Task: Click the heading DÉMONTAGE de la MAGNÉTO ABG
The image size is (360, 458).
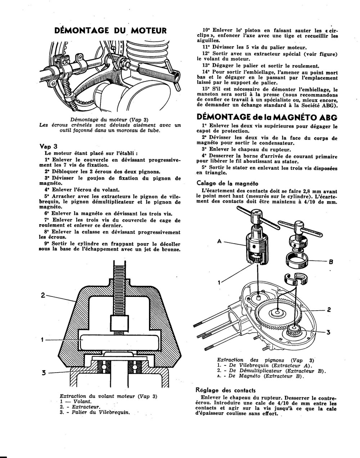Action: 267,117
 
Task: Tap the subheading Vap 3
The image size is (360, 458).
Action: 49,146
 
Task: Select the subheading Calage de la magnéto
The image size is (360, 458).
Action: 227,183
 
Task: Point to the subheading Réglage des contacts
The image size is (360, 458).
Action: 225,390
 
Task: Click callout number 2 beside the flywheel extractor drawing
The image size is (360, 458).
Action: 43,295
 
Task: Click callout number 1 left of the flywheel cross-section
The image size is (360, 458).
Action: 42,339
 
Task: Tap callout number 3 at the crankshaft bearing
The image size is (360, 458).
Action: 43,373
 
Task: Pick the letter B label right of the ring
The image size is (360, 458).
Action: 331,262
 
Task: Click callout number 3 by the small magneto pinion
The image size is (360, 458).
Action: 328,332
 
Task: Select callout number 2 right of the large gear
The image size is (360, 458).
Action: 329,309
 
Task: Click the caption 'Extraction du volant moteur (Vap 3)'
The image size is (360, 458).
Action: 108,396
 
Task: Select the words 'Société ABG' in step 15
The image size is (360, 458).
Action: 318,106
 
